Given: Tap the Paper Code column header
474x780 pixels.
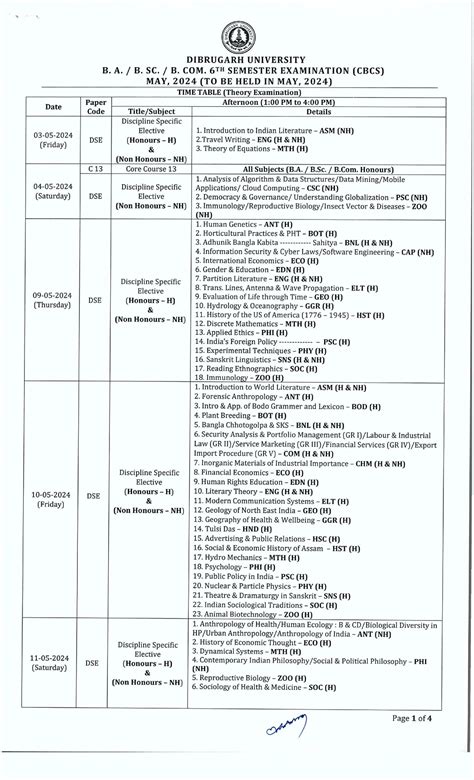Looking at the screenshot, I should coord(95,107).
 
